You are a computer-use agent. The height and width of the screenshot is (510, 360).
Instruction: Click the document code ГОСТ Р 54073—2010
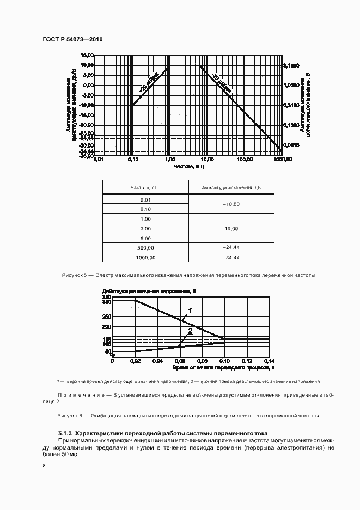[x=72, y=40]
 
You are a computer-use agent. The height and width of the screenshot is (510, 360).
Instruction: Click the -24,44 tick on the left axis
[x=87, y=137]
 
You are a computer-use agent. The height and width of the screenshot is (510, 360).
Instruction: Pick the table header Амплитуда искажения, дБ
[x=231, y=187]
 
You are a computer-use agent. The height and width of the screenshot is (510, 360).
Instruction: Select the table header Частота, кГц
[x=145, y=187]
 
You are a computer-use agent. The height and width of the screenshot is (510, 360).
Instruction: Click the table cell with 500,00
[x=145, y=247]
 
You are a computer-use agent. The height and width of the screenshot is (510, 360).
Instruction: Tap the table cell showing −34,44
[x=231, y=257]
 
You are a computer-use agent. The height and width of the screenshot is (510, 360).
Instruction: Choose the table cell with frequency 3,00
[x=145, y=228]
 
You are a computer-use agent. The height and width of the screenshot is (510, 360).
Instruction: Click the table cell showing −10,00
[x=231, y=204]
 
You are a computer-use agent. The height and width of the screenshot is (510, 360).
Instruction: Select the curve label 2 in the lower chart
[x=190, y=331]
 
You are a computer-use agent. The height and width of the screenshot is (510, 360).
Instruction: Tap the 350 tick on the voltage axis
[x=106, y=296]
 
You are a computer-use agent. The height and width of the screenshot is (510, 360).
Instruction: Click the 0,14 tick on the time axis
[x=269, y=361]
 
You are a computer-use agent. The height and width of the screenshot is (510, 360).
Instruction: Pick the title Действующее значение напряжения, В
[x=149, y=291]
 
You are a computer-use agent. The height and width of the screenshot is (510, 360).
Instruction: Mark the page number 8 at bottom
[x=44, y=466]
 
